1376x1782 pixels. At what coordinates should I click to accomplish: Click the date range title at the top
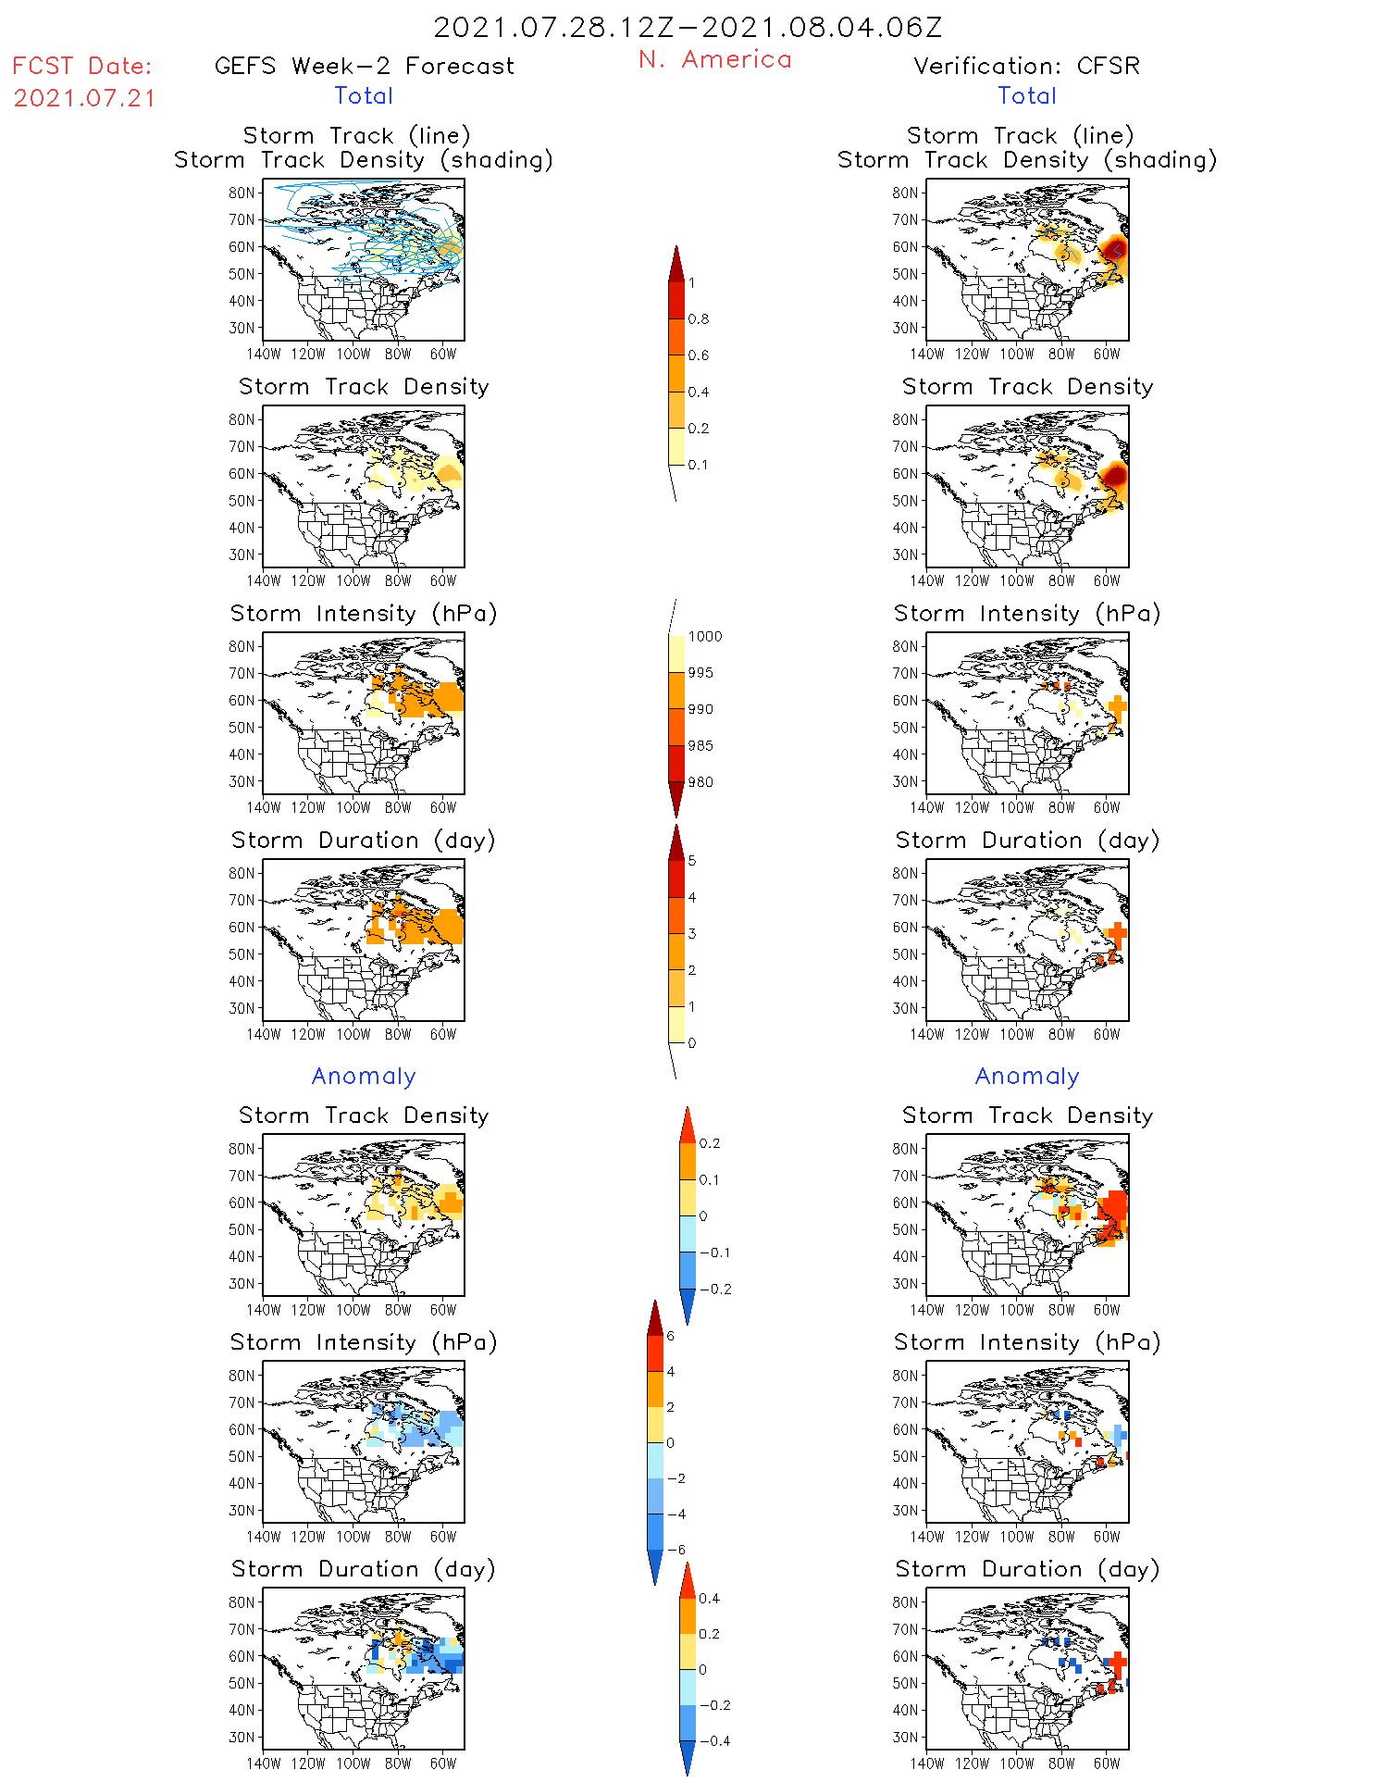688,28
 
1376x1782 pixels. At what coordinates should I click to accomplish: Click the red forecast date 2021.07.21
85,98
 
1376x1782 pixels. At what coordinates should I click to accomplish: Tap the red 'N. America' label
715,59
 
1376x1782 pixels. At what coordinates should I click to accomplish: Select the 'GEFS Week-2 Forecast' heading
364,66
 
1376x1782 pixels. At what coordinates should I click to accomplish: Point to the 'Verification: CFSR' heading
1026,66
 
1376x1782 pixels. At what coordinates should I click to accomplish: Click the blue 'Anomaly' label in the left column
364,1076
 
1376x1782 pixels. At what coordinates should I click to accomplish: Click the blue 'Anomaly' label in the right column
1027,1076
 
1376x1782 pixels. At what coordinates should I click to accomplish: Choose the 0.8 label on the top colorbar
699,319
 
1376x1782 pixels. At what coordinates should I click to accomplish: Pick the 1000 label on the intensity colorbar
704,636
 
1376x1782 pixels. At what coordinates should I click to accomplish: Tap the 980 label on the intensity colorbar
700,782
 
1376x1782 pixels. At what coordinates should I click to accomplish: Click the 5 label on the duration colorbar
692,861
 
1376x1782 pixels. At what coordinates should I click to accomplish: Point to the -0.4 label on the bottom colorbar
713,1740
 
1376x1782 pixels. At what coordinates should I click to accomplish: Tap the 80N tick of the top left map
242,193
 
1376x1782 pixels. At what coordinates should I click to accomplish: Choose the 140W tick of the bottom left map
263,1763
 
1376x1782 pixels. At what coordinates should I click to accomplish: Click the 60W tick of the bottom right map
1107,1763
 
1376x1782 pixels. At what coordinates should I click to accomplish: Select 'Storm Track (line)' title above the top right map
1020,135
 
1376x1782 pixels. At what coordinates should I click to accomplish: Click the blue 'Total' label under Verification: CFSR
1027,95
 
